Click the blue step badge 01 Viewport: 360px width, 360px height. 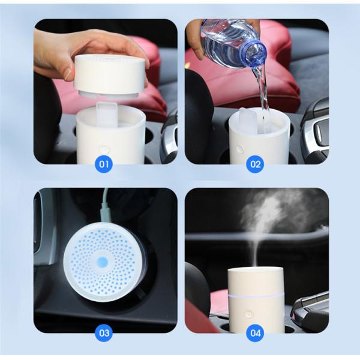tap(104, 164)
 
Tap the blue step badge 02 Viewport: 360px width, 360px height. tap(255, 164)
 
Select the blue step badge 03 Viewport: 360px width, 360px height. tap(104, 333)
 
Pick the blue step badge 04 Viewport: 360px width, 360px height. tap(255, 333)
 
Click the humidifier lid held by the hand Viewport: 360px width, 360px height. tap(110, 75)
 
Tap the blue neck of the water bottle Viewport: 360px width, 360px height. tap(256, 53)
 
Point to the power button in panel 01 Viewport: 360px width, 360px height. tap(104, 148)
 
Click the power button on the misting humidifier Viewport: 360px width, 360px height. tap(249, 313)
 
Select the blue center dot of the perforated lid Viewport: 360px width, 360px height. tap(103, 262)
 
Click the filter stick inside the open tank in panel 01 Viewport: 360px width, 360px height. tap(106, 114)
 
